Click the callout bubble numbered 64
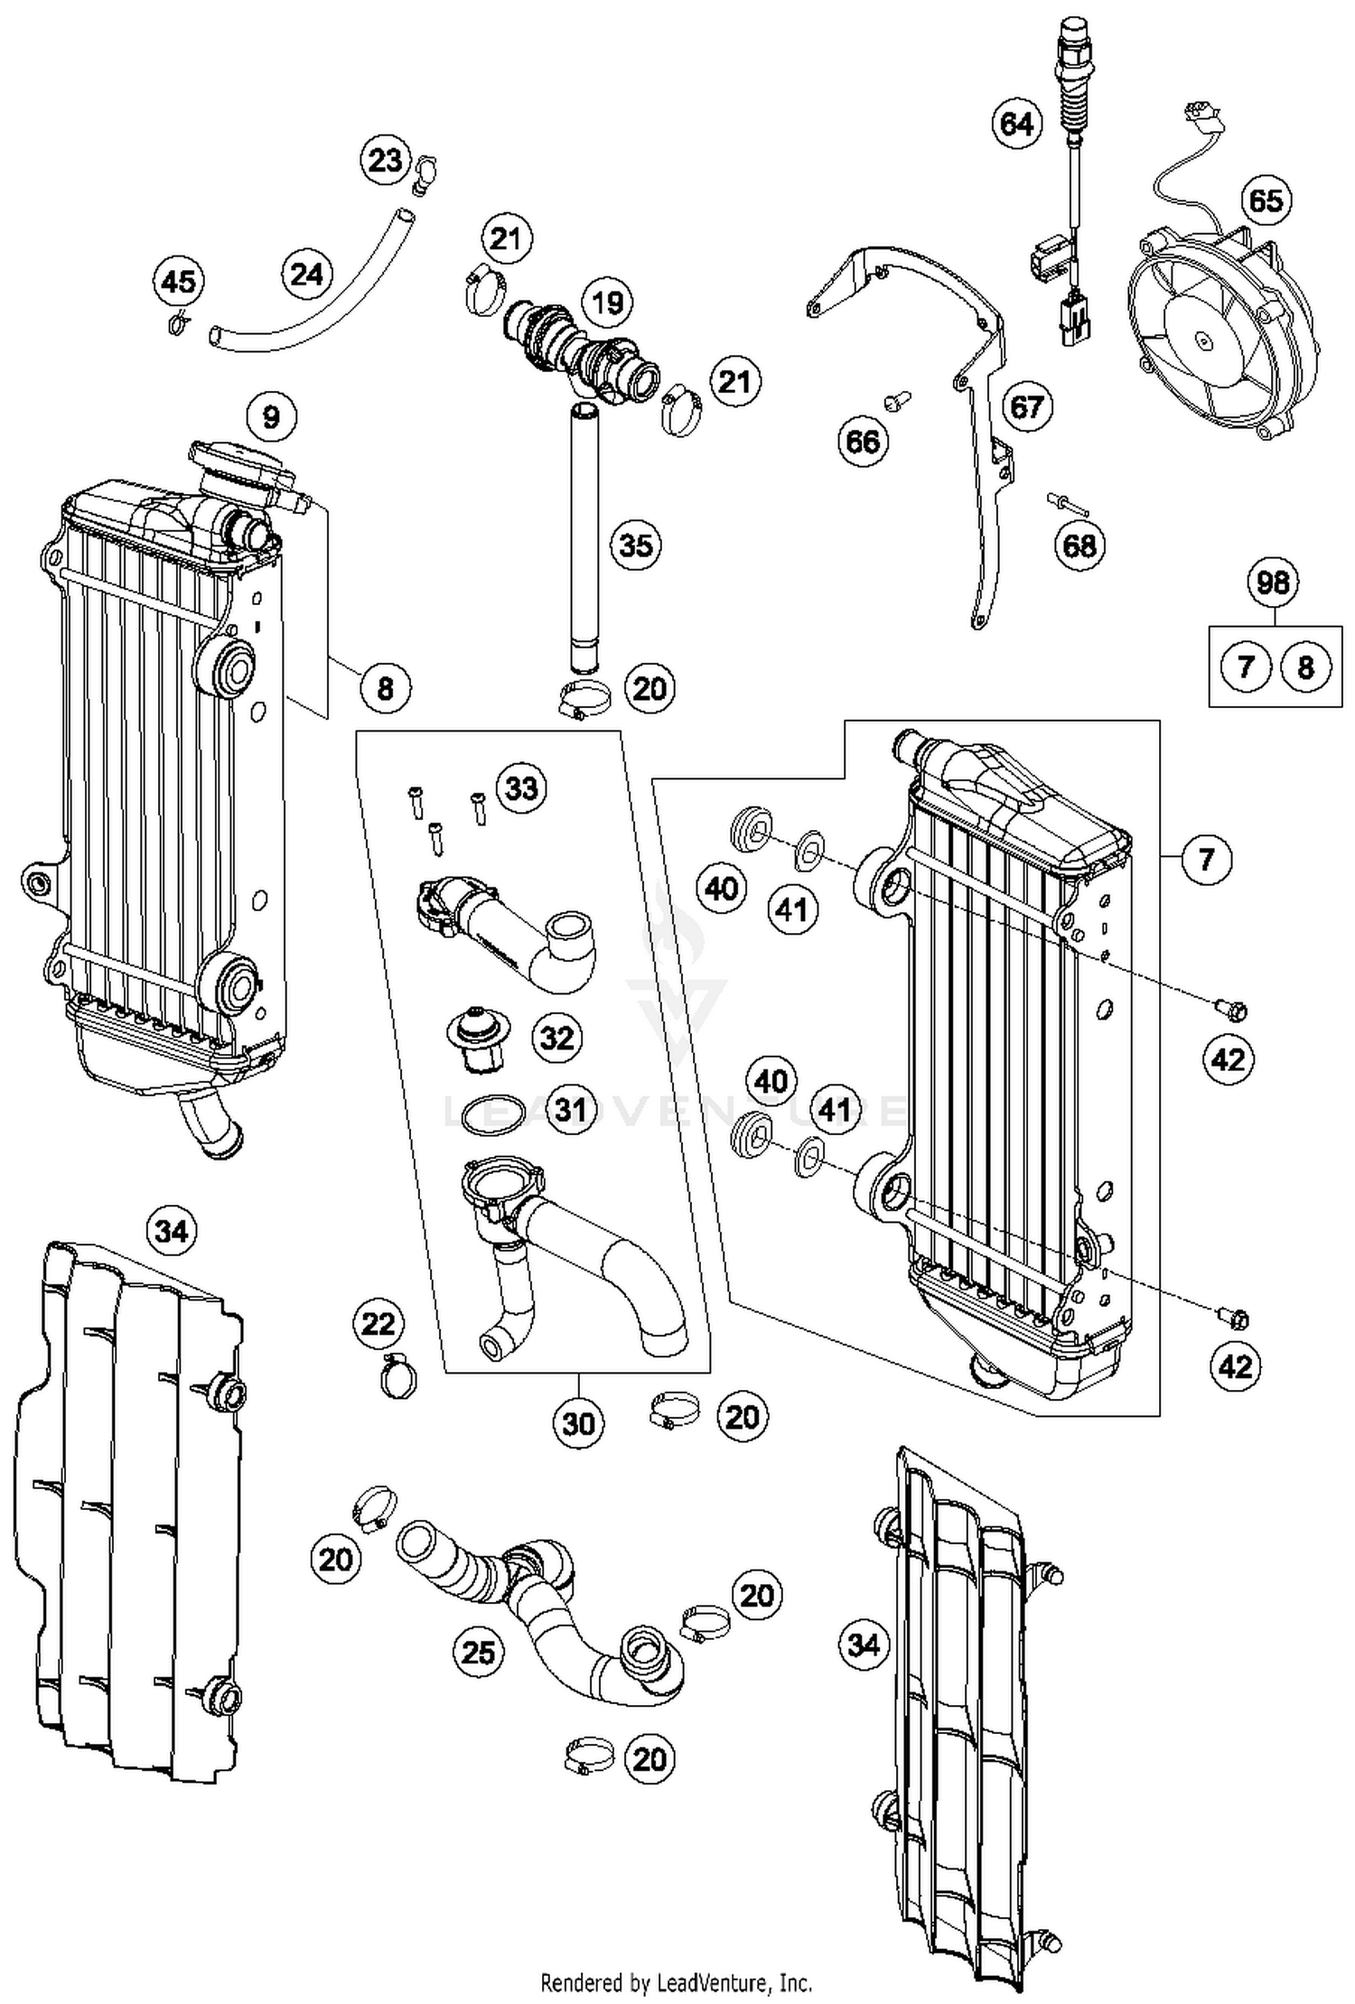(x=1016, y=122)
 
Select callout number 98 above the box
(x=1273, y=582)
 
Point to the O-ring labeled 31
(x=493, y=1114)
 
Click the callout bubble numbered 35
(x=635, y=545)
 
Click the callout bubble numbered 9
(x=271, y=416)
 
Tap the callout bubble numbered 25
(x=478, y=1652)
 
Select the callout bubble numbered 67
(x=1026, y=406)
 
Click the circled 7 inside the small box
(x=1246, y=666)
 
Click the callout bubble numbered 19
(x=607, y=302)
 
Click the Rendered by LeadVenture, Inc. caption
(x=676, y=1982)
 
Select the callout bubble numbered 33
(x=521, y=788)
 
